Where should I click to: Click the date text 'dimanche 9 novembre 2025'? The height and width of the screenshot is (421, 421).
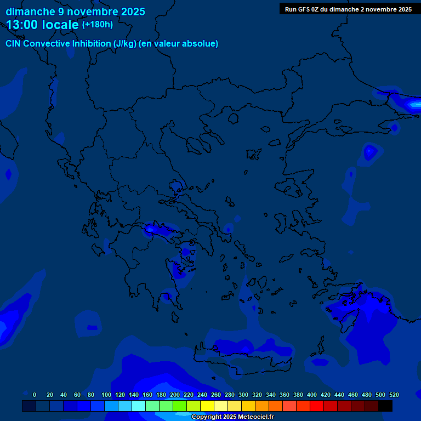(x=75, y=12)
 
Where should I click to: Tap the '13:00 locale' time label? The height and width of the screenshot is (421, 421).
(x=43, y=25)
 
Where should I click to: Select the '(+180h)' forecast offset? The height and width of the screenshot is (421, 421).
(x=97, y=24)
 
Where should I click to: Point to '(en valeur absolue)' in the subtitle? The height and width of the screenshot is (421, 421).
(x=179, y=43)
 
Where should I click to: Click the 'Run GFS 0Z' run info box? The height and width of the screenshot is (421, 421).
(x=348, y=9)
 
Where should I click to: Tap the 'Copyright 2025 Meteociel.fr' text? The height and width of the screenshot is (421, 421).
(x=232, y=417)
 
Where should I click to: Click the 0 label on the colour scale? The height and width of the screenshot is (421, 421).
(x=35, y=395)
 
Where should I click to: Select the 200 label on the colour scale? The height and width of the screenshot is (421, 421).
(x=175, y=395)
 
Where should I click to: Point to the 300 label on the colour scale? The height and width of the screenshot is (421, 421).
(x=243, y=395)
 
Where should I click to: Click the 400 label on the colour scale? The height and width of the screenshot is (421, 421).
(x=312, y=395)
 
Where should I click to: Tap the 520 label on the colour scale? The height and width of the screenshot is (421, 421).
(x=394, y=395)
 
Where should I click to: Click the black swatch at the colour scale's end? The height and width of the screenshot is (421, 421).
(x=385, y=406)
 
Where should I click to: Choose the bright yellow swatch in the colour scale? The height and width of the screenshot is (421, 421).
(x=207, y=406)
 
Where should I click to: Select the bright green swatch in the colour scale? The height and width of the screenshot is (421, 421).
(x=180, y=406)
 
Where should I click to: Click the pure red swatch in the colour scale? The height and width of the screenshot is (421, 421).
(x=317, y=406)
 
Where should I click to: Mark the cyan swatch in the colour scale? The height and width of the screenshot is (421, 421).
(x=139, y=406)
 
